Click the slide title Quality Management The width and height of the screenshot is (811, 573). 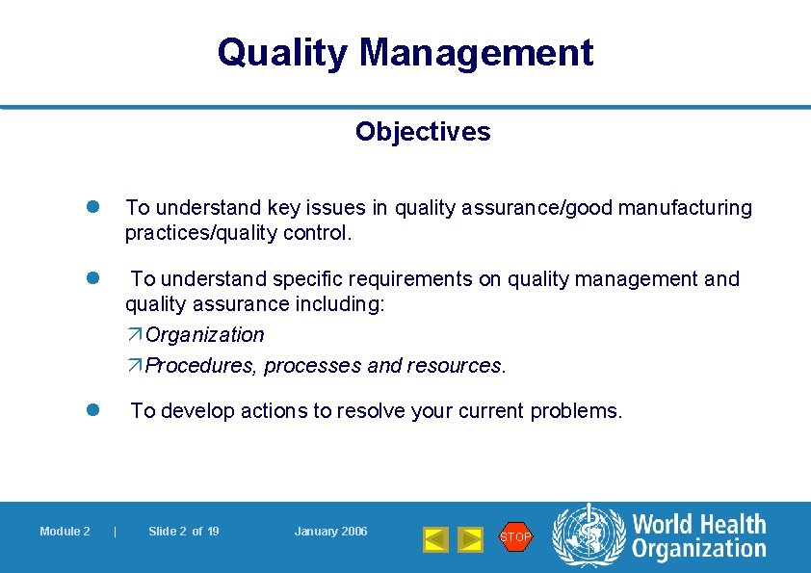405,52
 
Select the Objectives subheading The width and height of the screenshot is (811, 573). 422,132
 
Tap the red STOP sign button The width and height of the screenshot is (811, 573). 515,536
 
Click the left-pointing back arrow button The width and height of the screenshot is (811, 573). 436,538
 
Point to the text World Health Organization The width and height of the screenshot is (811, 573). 698,536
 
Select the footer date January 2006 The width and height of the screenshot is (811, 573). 330,532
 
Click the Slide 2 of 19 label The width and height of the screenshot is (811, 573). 183,532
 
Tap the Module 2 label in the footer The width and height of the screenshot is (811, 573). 65,532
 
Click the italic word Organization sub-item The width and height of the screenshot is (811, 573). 204,335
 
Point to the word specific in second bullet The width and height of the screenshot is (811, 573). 312,279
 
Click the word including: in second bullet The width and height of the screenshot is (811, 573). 341,304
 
